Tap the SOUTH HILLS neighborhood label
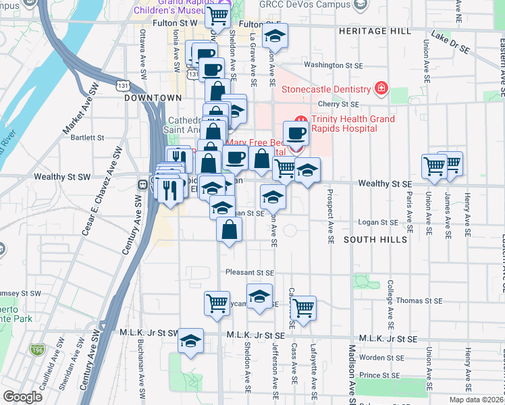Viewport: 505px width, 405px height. [376, 240]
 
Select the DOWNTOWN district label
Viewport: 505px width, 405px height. [144, 98]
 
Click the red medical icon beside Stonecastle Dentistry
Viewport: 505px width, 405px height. [381, 89]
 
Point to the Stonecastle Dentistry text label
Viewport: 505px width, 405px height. [326, 89]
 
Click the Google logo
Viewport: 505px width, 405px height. [22, 397]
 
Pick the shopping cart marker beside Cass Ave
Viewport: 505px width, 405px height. [304, 308]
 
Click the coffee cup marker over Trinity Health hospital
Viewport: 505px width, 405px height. [296, 132]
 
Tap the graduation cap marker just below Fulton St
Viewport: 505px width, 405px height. [274, 36]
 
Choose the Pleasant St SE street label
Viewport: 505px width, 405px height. [250, 273]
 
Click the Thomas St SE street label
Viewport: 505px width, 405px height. [419, 300]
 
